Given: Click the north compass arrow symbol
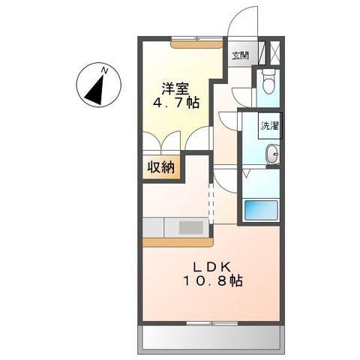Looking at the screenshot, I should click(x=95, y=88).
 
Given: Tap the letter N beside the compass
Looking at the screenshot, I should click(x=106, y=70).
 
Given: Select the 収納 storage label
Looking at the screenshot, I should click(x=160, y=167).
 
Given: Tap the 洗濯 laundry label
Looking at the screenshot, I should click(x=269, y=125).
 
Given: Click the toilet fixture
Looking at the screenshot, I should click(x=269, y=82).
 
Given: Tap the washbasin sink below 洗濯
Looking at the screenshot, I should click(x=271, y=154).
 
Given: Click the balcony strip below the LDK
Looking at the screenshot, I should click(x=211, y=338).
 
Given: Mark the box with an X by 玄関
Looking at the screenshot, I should click(x=273, y=52).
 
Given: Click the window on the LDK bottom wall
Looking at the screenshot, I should click(x=211, y=323).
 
